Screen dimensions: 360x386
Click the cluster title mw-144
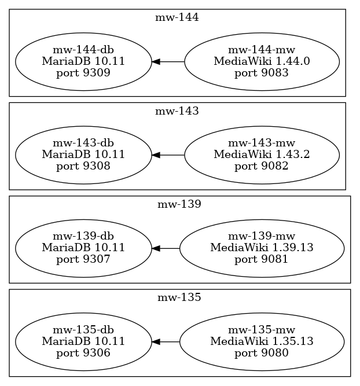click(177, 18)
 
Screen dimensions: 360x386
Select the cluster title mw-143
click(177, 111)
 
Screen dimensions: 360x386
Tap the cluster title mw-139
click(179, 204)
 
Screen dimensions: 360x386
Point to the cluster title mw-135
click(179, 297)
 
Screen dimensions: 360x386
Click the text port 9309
click(83, 73)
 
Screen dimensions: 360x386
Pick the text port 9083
click(262, 73)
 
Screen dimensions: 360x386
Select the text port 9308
click(83, 167)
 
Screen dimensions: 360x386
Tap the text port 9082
click(262, 167)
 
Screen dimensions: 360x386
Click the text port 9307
click(83, 260)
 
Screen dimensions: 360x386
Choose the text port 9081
click(262, 260)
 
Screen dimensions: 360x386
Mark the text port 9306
click(83, 353)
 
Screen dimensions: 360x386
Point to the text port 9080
click(262, 353)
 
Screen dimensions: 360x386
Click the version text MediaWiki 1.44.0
click(262, 61)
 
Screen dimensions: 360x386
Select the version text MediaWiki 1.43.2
click(262, 155)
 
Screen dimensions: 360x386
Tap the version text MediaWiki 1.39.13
click(262, 248)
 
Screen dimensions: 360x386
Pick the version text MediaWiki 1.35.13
click(262, 341)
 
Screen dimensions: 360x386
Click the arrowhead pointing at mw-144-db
click(156, 61)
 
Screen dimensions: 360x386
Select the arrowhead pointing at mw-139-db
click(156, 248)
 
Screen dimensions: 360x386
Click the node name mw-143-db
click(83, 143)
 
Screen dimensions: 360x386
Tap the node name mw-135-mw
click(262, 330)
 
